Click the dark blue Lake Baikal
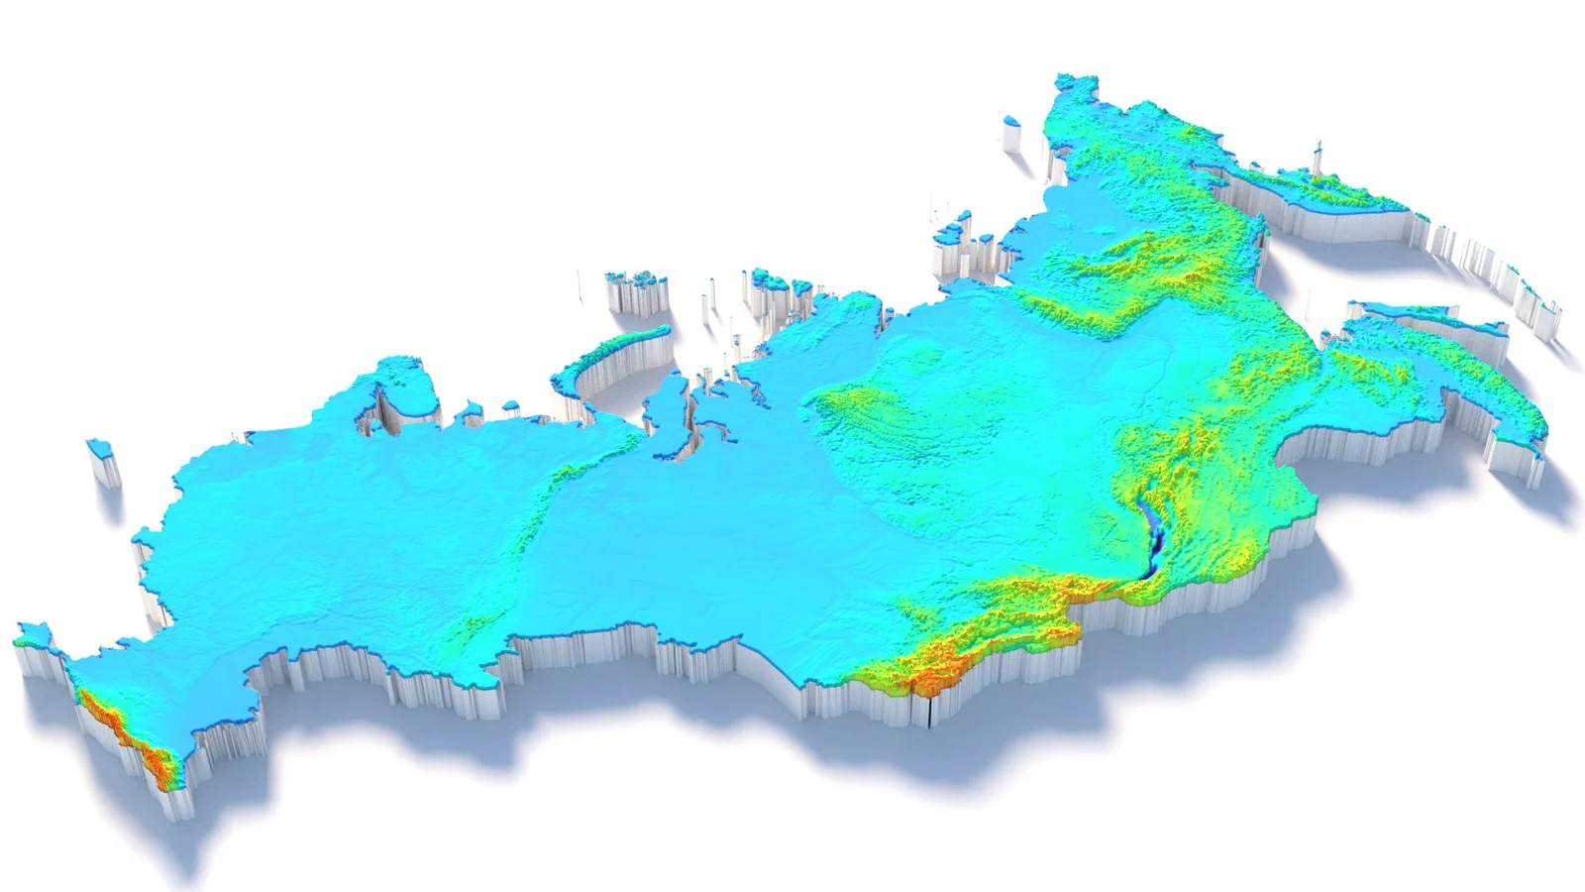pyautogui.click(x=1152, y=540)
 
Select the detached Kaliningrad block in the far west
pyautogui.click(x=100, y=451)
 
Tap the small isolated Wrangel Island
pyautogui.click(x=1010, y=123)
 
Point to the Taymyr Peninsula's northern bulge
pyautogui.click(x=842, y=307)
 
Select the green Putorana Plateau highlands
pyautogui.click(x=862, y=406)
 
